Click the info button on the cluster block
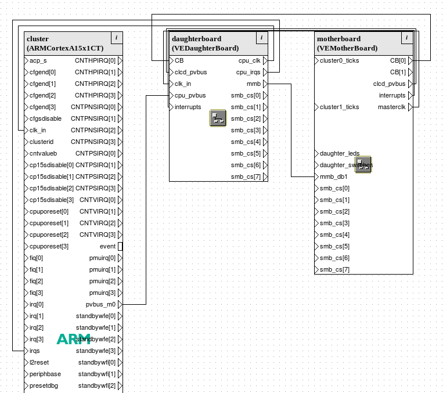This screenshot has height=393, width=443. tap(117, 38)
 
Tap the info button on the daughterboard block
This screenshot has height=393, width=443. tap(262, 38)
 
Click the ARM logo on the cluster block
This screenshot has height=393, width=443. tap(73, 339)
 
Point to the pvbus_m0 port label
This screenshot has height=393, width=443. tap(100, 304)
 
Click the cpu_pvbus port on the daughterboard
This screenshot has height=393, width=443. tap(190, 95)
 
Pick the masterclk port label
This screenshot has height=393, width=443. tap(391, 107)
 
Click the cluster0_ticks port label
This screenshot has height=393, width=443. tap(339, 60)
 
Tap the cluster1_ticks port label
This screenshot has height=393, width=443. tap(339, 107)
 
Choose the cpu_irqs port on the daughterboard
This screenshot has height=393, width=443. tap(248, 72)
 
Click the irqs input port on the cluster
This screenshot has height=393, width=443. tap(34, 351)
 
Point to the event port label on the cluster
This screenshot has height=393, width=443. tap(107, 246)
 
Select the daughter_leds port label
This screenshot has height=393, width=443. tap(339, 153)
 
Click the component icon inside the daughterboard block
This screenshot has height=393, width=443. tap(218, 118)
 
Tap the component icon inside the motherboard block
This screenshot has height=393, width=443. tap(363, 164)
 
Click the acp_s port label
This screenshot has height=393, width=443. tap(38, 60)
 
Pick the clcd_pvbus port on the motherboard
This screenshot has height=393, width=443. tap(389, 84)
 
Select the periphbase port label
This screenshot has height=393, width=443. tap(45, 374)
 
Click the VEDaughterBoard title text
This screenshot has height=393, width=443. tap(206, 48)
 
